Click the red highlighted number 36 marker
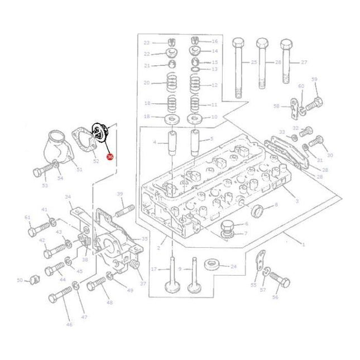click(x=109, y=158)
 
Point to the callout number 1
click(x=303, y=245)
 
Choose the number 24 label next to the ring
click(x=233, y=266)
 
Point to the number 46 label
click(x=69, y=324)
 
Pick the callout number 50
click(x=20, y=280)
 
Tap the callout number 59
click(x=314, y=80)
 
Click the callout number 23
click(x=147, y=42)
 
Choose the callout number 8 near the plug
click(x=275, y=205)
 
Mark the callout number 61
click(x=27, y=217)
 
